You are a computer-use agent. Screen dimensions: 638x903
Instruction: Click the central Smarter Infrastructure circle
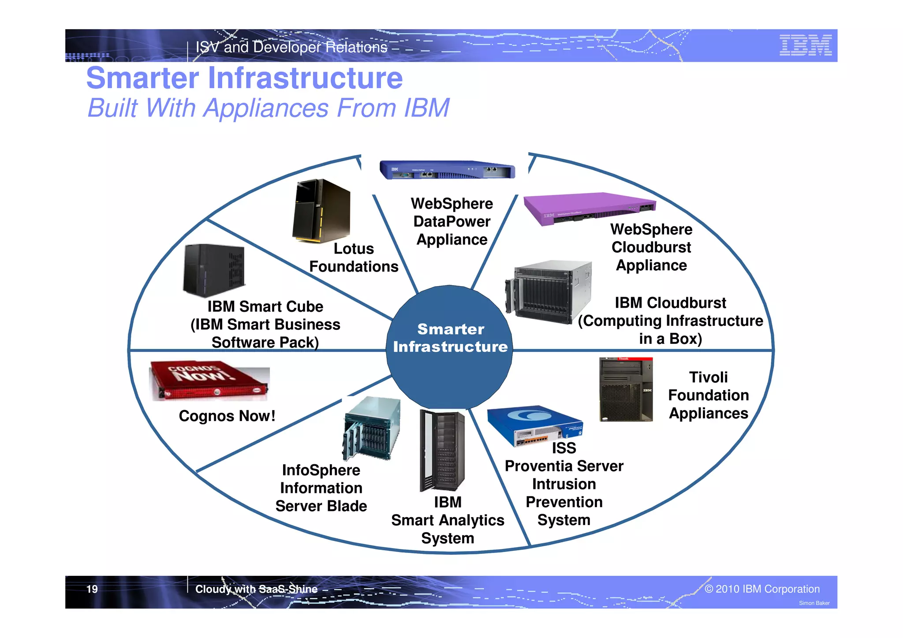[450, 347]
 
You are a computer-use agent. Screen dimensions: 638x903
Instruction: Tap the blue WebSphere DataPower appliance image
[447, 170]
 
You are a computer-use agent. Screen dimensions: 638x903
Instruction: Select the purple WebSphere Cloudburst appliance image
[589, 208]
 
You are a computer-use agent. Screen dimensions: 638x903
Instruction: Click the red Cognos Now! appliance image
[209, 381]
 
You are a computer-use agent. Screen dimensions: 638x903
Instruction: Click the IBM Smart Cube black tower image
[214, 270]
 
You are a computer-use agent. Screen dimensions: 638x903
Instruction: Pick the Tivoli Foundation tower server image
[626, 389]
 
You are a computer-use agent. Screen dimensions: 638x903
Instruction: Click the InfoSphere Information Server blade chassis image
[372, 428]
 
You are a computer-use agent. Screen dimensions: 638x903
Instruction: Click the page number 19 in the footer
[92, 589]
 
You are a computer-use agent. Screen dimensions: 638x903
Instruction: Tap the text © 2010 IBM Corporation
[762, 589]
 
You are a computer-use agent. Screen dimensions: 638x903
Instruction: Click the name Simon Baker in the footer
[814, 603]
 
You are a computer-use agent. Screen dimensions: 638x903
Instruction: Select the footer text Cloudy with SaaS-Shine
[256, 589]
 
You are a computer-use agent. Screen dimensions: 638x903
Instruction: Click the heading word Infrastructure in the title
[305, 78]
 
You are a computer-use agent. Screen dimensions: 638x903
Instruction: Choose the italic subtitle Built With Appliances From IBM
[268, 108]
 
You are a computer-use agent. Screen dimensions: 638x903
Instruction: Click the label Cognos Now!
[227, 416]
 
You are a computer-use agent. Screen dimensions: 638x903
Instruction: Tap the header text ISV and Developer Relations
[291, 47]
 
